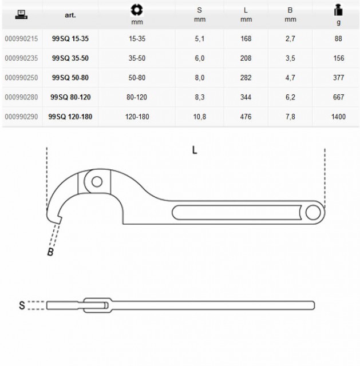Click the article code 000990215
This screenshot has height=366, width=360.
(x=21, y=39)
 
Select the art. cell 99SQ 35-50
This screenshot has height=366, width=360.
(x=70, y=58)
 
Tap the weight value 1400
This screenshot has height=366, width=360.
(x=338, y=117)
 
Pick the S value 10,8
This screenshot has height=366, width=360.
(x=200, y=117)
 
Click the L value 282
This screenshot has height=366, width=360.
(x=246, y=78)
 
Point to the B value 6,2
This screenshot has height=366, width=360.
(x=290, y=97)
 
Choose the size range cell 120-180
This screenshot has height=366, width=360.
(x=137, y=117)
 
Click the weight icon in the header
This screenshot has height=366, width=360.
(x=338, y=10)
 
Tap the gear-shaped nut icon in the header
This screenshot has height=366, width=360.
(x=137, y=10)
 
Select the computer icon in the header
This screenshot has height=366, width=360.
(x=21, y=14)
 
